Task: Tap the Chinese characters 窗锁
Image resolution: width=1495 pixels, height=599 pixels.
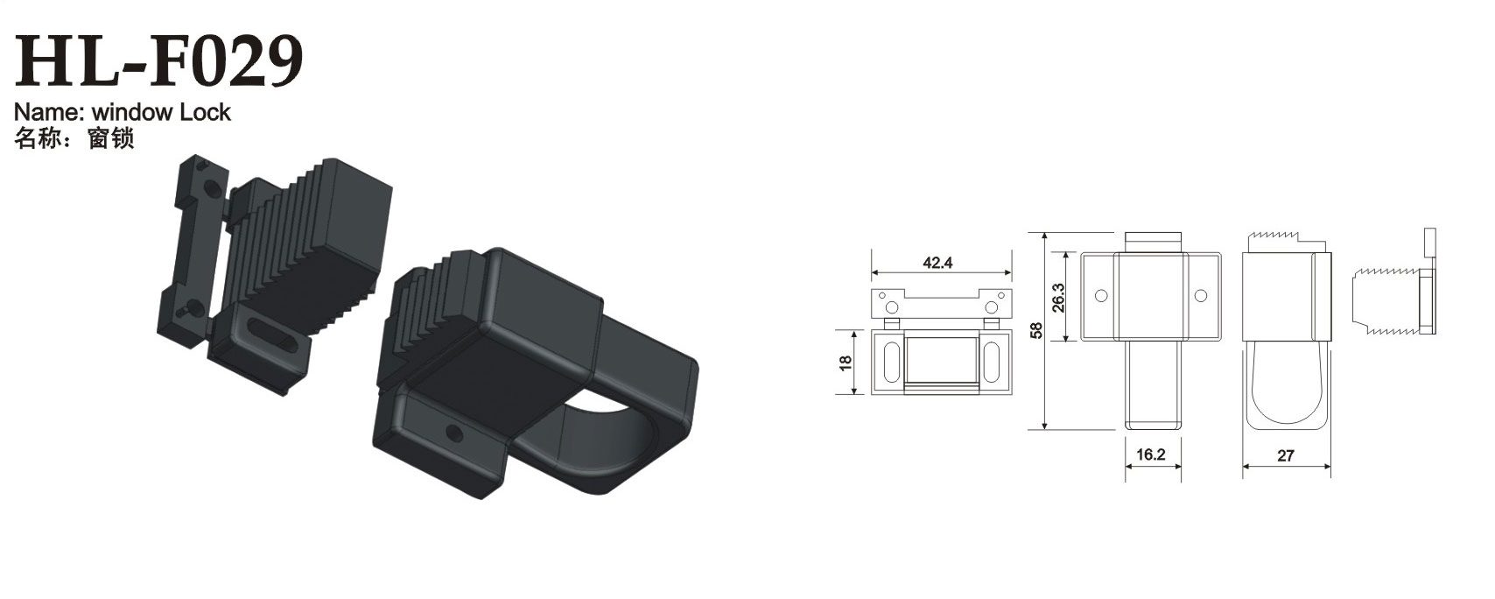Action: pos(110,138)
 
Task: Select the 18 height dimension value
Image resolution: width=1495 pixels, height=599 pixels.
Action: pos(846,362)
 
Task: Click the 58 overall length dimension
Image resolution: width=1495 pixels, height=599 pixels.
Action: pos(1037,331)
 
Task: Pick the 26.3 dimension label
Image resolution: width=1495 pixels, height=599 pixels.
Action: pos(1057,298)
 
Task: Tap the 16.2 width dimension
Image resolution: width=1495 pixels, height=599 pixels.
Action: pos(1153,455)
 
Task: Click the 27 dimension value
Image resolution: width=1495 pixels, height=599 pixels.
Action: pos(1286,455)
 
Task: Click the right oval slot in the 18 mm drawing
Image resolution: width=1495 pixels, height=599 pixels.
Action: pos(995,362)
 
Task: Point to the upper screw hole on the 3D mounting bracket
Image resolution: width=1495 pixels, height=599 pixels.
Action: pos(210,188)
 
